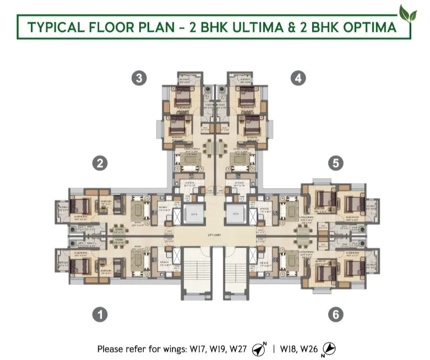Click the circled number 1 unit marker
click(99, 314)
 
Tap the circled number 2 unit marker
click(99, 163)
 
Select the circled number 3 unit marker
click(139, 78)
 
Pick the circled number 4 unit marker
click(297, 78)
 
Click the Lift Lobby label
click(215, 236)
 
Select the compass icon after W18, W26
click(329, 349)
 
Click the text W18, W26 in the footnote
click(301, 349)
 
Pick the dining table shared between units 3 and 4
click(215, 148)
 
